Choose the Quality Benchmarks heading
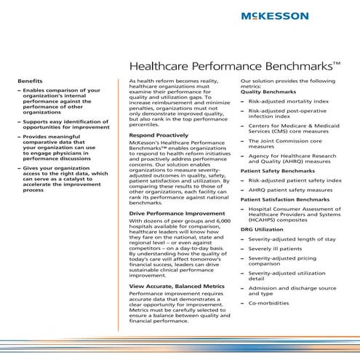tap(268, 92)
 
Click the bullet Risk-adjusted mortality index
tap(288, 103)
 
